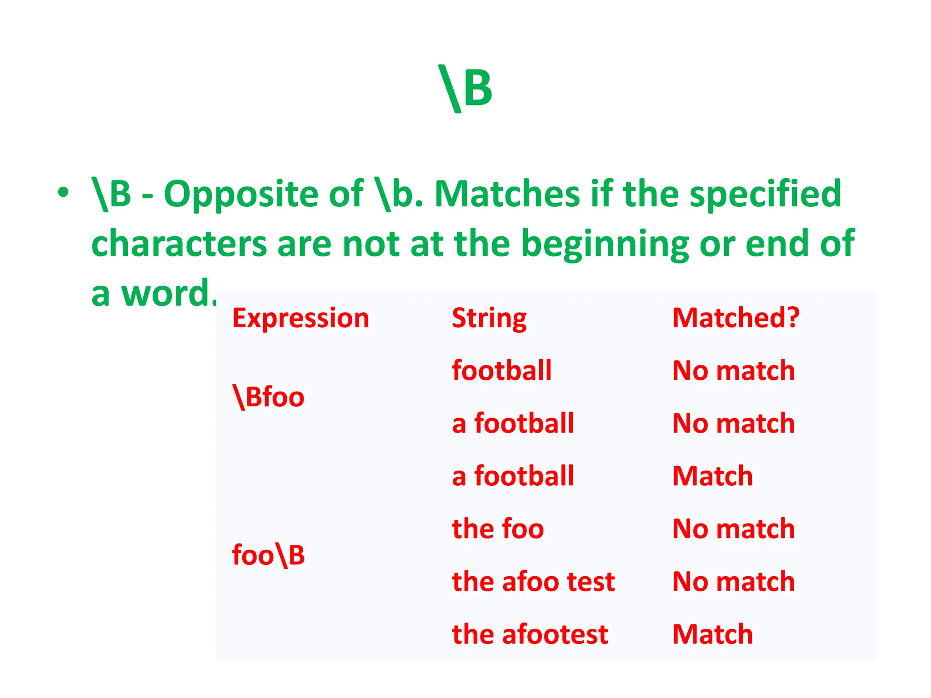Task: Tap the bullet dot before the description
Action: [63, 193]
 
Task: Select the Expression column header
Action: [300, 318]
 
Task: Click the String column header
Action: [489, 318]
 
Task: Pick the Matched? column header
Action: [736, 318]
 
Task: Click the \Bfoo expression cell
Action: [268, 397]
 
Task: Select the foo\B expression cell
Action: [268, 555]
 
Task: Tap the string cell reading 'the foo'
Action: [498, 529]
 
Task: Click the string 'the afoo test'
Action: [533, 582]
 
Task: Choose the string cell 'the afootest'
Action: [530, 634]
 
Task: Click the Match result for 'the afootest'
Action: [712, 634]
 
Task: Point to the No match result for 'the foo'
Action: [733, 529]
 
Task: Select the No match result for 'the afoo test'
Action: [733, 582]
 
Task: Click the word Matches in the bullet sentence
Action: [507, 194]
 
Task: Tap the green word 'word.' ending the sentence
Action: [169, 294]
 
